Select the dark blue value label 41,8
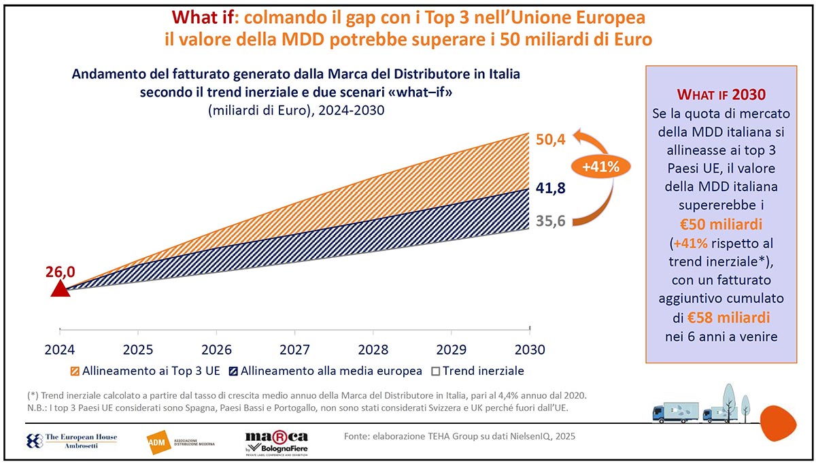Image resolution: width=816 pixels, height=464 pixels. click(550, 188)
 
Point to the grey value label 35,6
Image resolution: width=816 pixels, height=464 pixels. click(550, 220)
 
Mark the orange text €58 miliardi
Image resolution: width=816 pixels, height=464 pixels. click(730, 317)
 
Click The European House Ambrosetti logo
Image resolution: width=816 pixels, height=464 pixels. click(71, 441)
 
